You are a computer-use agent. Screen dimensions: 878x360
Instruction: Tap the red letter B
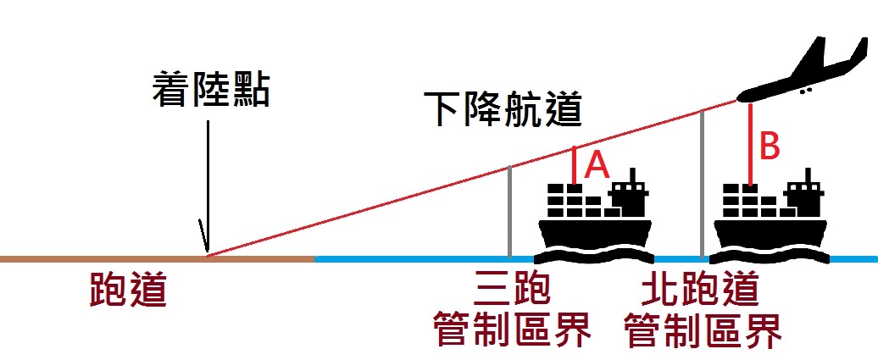[x=769, y=147]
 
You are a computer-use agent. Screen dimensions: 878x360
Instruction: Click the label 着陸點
[x=211, y=89]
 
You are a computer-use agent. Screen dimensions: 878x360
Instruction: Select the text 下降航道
[x=507, y=110]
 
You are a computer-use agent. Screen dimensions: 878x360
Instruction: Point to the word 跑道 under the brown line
[x=128, y=291]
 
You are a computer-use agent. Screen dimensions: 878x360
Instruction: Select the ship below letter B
[x=770, y=224]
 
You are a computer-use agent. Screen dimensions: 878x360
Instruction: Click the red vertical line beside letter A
[x=575, y=165]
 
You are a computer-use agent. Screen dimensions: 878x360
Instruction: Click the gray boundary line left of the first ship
[x=509, y=212]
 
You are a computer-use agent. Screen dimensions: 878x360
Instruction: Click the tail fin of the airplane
[x=815, y=51]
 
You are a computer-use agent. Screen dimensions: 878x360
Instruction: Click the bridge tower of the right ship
[x=807, y=193]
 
